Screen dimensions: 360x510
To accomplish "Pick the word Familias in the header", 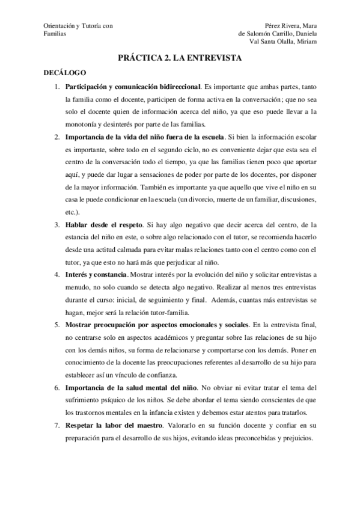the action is point(55,34).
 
